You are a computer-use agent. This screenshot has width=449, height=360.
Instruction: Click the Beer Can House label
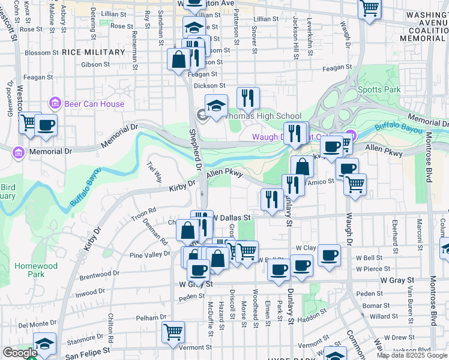94,104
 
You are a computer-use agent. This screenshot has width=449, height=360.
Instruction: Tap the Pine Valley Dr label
150,255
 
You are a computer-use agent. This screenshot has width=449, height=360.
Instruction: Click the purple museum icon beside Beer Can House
55,103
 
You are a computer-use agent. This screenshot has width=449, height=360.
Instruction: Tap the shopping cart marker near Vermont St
173,331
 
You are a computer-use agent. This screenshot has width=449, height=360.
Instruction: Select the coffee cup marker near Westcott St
46,125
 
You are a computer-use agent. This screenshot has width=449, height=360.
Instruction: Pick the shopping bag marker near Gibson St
179,59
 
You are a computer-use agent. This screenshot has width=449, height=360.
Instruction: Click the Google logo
19,353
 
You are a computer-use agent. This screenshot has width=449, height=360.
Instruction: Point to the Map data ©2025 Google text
411,355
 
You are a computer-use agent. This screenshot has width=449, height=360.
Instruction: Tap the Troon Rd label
143,211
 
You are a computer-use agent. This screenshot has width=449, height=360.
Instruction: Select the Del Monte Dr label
37,325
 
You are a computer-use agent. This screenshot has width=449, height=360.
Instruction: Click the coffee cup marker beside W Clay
329,254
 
